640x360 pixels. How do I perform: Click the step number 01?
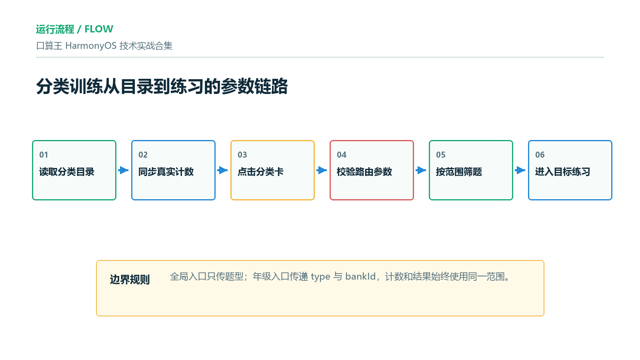(x=44, y=155)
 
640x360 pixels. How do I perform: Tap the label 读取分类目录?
(x=66, y=172)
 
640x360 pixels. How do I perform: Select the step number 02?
(x=143, y=155)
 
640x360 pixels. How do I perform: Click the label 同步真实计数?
(x=166, y=172)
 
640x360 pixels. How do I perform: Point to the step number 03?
(x=242, y=155)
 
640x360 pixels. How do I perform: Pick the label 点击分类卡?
(x=260, y=172)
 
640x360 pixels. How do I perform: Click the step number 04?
(x=342, y=155)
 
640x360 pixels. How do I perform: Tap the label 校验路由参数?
(x=364, y=172)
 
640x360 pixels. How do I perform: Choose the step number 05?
(x=440, y=155)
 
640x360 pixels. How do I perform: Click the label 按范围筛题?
(x=459, y=172)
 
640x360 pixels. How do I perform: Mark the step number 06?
(x=540, y=155)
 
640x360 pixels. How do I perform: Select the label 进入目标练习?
(x=562, y=172)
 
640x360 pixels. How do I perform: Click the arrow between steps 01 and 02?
(x=124, y=170)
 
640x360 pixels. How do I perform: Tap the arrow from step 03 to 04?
(x=322, y=170)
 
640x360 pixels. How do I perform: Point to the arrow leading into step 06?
(x=520, y=170)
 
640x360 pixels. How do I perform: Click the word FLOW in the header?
(x=99, y=29)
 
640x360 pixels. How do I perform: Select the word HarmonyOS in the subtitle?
(x=91, y=46)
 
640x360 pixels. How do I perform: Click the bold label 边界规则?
(x=130, y=280)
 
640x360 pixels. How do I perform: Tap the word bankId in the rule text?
(x=360, y=276)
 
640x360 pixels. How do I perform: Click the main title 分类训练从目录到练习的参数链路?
(x=162, y=86)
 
